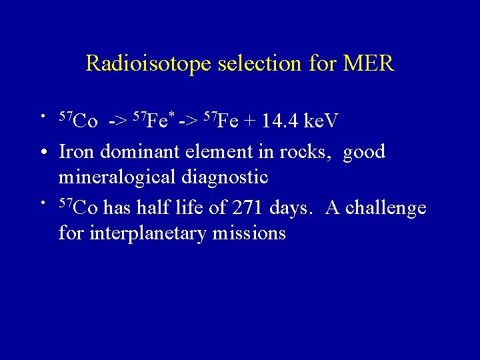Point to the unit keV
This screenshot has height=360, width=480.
(321, 122)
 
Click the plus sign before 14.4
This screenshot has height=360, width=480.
(252, 123)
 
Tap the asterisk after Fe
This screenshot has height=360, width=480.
(171, 115)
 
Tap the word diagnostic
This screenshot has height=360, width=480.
(229, 178)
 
